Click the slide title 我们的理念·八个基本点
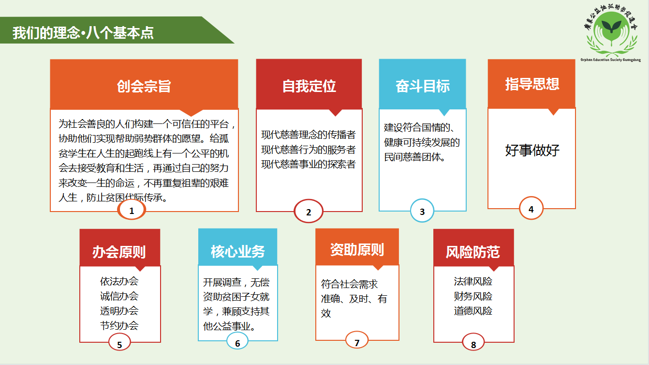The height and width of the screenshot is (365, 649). [x=83, y=32]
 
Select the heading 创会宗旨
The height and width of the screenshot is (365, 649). [x=144, y=86]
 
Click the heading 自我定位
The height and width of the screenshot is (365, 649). [x=309, y=86]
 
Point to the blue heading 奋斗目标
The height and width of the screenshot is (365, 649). [x=423, y=86]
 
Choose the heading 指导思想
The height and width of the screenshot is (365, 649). [x=532, y=84]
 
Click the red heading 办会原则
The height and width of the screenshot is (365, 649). [x=119, y=252]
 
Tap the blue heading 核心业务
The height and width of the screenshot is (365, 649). [x=237, y=251]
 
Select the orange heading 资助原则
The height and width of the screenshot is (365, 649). [x=357, y=250]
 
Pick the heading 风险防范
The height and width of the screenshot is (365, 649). [x=473, y=252]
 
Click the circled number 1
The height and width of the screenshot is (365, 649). [x=132, y=210]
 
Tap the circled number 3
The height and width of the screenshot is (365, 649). [x=422, y=211]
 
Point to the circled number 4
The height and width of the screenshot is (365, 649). [x=531, y=209]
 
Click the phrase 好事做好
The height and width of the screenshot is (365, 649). [x=532, y=150]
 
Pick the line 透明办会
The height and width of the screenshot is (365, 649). [x=119, y=311]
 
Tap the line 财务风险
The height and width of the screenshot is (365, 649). [x=473, y=296]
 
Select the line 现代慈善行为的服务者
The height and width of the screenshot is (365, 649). [x=308, y=150]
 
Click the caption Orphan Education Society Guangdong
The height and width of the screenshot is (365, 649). [x=610, y=60]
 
